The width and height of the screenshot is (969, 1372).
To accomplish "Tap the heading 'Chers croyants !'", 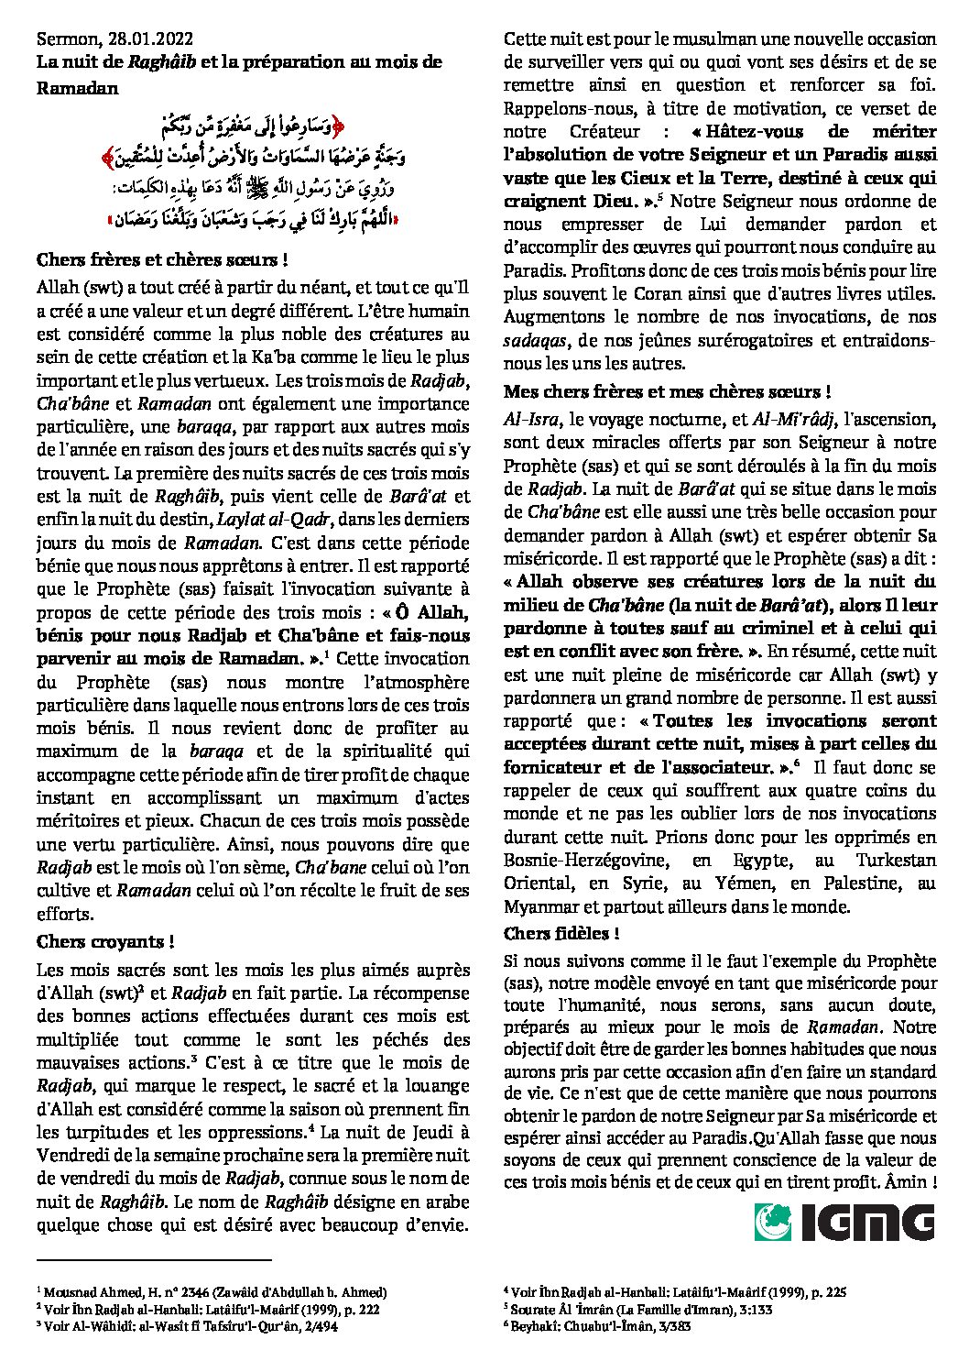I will [x=105, y=941].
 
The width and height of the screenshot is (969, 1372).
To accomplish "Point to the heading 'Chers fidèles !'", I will [x=561, y=934].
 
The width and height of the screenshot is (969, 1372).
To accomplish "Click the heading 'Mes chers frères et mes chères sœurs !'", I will [x=667, y=391].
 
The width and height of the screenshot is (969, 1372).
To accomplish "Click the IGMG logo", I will [x=844, y=1222].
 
